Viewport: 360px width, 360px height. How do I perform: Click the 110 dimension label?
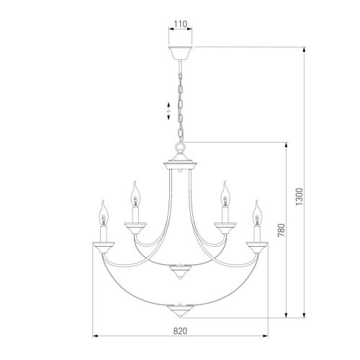click(x=181, y=24)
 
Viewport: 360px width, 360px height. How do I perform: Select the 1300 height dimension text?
click(x=300, y=197)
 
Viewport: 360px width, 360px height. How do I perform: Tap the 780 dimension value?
click(x=282, y=230)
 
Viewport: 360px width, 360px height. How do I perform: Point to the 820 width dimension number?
click(x=180, y=331)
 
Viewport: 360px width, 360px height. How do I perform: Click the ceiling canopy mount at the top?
click(x=180, y=53)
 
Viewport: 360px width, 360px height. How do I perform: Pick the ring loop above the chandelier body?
click(x=180, y=146)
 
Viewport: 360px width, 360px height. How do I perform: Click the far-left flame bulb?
click(x=104, y=213)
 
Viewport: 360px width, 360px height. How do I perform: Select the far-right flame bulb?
click(x=257, y=213)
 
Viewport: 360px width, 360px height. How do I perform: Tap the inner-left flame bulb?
click(x=135, y=194)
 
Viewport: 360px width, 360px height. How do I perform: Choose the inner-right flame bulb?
click(x=225, y=194)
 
